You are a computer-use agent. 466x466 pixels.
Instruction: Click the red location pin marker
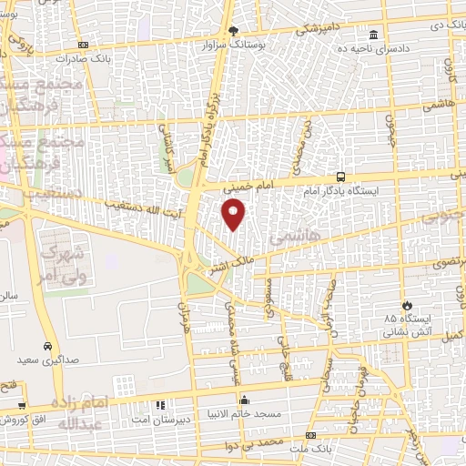coord(234,214)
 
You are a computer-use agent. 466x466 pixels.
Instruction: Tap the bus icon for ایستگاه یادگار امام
coord(340,177)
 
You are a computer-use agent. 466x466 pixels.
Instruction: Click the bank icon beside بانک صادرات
coord(84,45)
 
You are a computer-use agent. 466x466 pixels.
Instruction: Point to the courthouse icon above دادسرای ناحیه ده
coord(373,35)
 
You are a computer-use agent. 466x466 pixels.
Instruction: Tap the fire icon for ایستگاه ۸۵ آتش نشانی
coord(407,306)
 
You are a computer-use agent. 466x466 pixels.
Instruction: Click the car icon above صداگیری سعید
coord(46,347)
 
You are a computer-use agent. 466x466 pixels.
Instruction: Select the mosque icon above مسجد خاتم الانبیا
coord(244,400)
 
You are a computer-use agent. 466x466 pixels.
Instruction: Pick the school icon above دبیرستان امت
coord(161,405)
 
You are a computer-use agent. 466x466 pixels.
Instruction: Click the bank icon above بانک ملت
coord(310,435)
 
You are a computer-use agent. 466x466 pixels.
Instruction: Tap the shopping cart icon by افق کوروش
coord(22,406)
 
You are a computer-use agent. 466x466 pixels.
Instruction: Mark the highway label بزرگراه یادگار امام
coord(207,123)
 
